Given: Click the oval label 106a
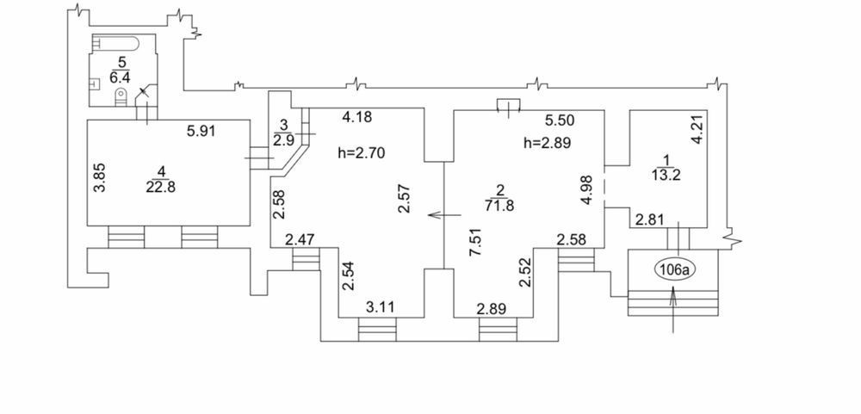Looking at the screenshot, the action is point(675,269).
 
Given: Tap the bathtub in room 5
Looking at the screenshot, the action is point(117,43).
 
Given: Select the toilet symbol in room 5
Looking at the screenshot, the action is point(121,98).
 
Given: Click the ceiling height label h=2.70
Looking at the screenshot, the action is point(362,153).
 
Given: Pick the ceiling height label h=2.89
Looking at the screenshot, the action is point(548,144).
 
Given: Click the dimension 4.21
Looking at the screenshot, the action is point(697,130).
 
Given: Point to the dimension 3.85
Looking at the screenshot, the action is point(100,176).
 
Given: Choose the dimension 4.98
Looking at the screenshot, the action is point(587,188).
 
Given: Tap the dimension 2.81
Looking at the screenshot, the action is point(649,220).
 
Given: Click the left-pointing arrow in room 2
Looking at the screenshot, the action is point(444,214).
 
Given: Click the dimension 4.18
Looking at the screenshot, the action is point(357,117).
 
